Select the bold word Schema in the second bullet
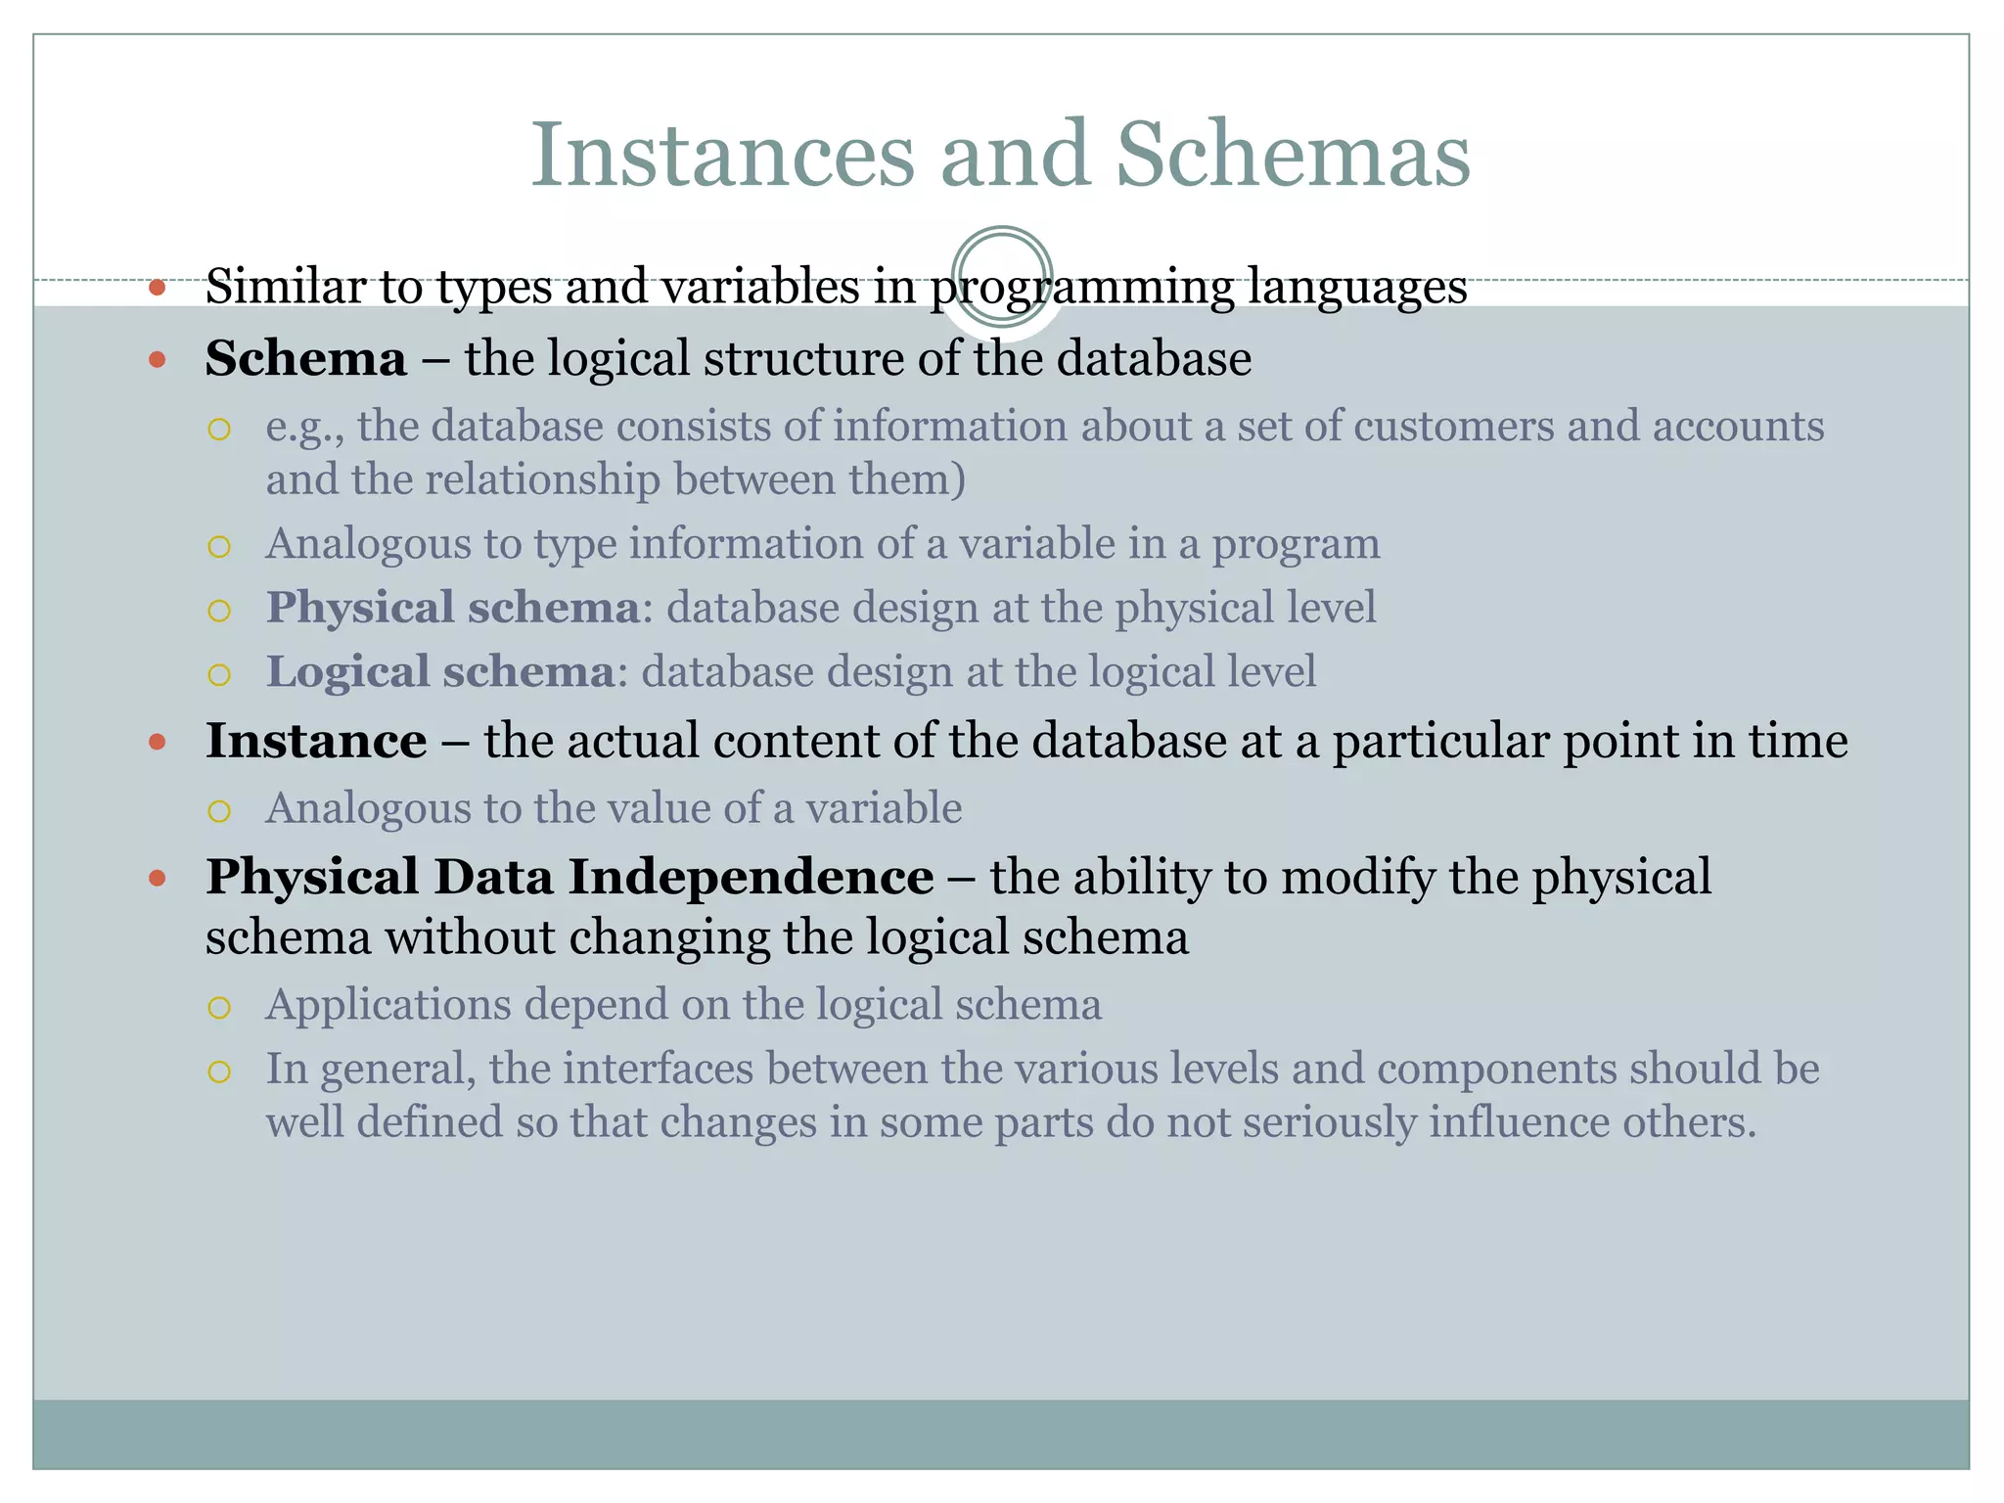[305, 358]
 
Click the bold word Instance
[316, 741]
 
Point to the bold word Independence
[751, 876]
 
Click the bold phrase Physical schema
[453, 608]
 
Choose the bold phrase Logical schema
[440, 672]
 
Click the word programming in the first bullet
[1081, 288]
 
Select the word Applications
[388, 1005]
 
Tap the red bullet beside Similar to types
[158, 289]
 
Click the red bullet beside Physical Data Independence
[158, 879]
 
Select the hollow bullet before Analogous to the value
[219, 811]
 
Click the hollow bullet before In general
[219, 1071]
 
